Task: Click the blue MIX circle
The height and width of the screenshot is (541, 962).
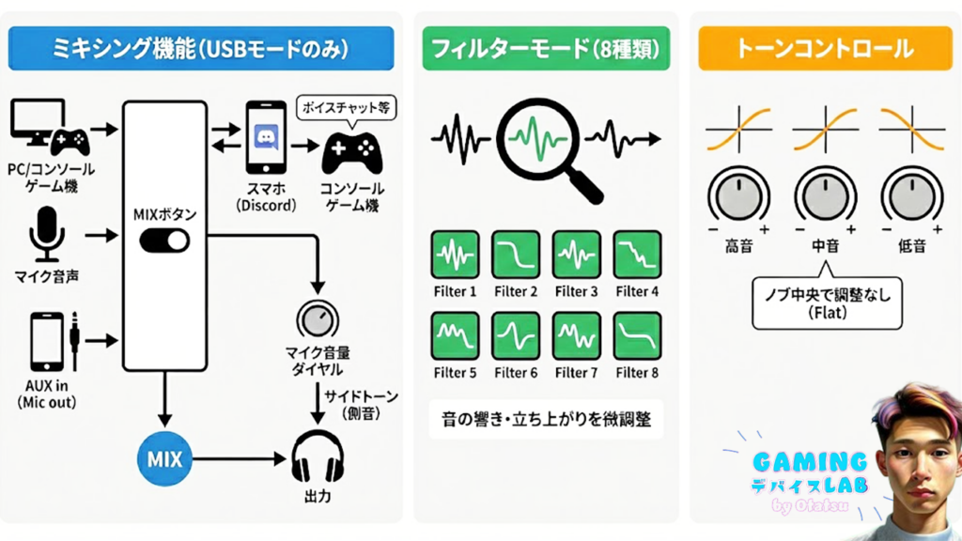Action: point(164,460)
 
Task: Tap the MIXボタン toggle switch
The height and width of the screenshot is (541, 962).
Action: point(164,243)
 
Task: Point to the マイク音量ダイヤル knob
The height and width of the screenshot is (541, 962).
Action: point(318,319)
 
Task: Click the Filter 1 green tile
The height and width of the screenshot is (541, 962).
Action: point(455,255)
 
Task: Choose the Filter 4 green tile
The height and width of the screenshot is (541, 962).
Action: point(637,255)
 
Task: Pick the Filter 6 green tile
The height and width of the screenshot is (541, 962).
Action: point(516,335)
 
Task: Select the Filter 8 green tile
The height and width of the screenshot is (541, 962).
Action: point(637,335)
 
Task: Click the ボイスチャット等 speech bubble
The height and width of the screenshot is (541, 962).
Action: point(346,109)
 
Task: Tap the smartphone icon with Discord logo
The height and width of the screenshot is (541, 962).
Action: point(264,136)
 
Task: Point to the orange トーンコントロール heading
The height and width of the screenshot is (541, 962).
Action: point(819,47)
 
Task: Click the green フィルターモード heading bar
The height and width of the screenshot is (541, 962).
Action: point(545,47)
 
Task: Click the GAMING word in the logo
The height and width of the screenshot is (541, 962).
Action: point(809,461)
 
